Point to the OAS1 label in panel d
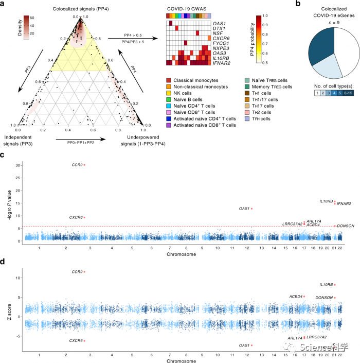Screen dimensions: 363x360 click(x=245, y=345)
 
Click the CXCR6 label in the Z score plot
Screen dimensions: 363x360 click(x=76, y=341)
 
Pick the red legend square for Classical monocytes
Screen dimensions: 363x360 click(x=169, y=80)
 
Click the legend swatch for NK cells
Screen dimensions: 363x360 click(x=169, y=95)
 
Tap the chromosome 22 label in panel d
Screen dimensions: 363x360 click(x=340, y=355)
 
